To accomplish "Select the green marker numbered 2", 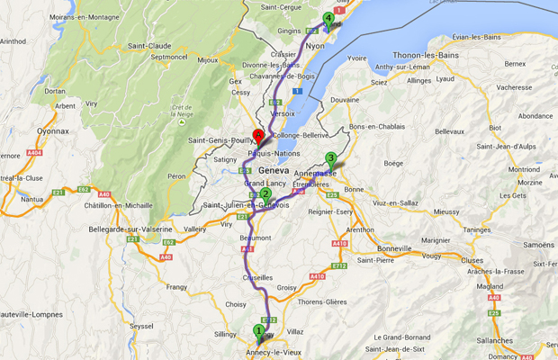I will (x=265, y=193).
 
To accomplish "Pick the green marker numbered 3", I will (x=331, y=159).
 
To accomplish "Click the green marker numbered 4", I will (x=328, y=18).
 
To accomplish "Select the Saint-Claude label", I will (x=148, y=46).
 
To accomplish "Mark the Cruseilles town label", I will (x=257, y=278).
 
